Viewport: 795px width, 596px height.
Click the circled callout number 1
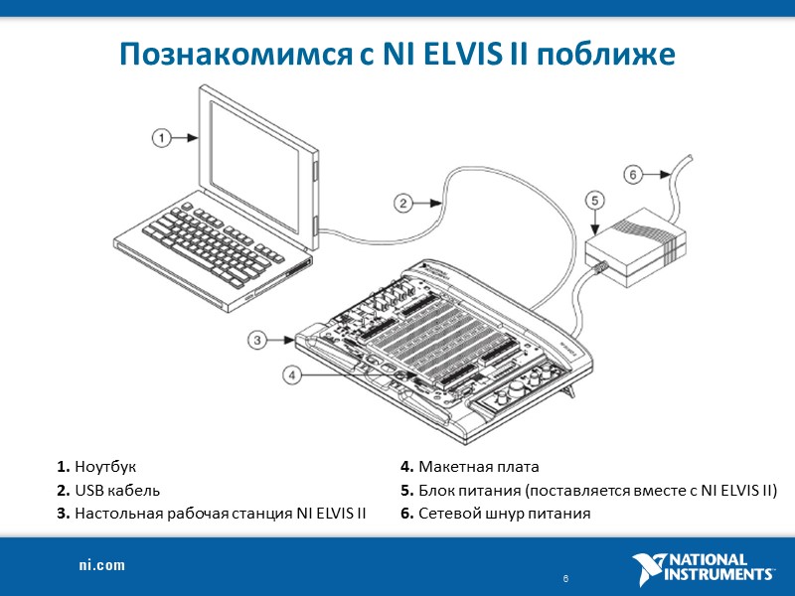pos(162,138)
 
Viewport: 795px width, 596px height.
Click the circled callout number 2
pos(403,204)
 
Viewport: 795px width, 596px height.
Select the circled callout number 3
pos(258,341)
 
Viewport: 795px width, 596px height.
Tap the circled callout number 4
pos(292,374)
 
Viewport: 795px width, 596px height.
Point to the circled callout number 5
pos(593,201)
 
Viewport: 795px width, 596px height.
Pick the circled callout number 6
pos(634,174)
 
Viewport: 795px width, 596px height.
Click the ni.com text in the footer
pos(102,565)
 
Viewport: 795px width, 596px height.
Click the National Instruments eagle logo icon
pos(651,569)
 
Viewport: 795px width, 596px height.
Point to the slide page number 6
pos(564,578)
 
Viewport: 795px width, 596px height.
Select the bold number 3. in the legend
pos(64,514)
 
